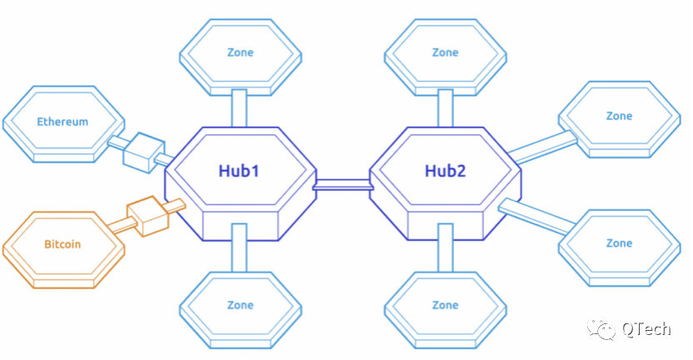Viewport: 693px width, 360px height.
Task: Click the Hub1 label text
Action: [x=239, y=171]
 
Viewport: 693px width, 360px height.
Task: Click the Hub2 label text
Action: [x=445, y=171]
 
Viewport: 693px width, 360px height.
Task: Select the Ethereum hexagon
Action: [x=62, y=122]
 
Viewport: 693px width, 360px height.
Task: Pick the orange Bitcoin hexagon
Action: [x=62, y=245]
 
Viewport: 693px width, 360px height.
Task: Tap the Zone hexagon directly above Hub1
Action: [x=240, y=52]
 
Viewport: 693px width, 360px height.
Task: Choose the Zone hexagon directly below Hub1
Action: [x=240, y=305]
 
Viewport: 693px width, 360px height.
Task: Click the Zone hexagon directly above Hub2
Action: [x=445, y=52]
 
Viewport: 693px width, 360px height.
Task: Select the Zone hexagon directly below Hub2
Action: [x=445, y=305]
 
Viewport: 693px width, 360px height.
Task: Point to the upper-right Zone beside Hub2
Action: [x=619, y=117]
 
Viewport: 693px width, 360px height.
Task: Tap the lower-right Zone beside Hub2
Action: [x=619, y=243]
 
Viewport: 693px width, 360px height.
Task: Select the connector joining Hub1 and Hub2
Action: [x=342, y=184]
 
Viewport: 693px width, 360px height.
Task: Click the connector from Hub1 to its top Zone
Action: [x=239, y=107]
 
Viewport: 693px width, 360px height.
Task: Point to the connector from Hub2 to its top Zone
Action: [x=445, y=107]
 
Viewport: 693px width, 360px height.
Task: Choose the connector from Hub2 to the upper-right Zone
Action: [x=542, y=146]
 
